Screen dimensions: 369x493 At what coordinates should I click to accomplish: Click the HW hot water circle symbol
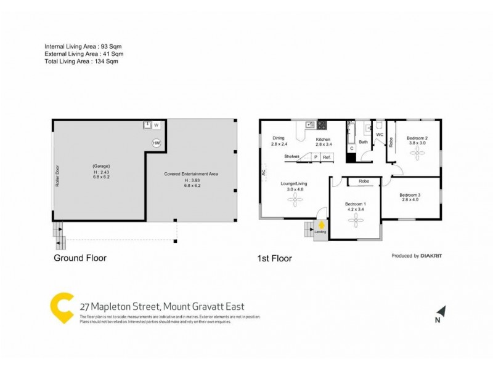click(156, 143)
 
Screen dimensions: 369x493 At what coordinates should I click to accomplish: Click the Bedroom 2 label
click(417, 138)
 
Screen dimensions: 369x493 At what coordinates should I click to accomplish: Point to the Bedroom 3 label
click(410, 194)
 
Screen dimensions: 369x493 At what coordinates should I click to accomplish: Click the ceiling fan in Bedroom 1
click(356, 224)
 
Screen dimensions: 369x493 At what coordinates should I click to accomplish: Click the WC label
click(380, 134)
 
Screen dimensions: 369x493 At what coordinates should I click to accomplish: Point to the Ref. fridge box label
click(327, 157)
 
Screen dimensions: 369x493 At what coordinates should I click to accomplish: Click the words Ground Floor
click(80, 258)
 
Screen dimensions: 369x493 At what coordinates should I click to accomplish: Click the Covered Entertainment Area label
click(190, 174)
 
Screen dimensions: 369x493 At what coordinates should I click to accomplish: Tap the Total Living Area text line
click(81, 61)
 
